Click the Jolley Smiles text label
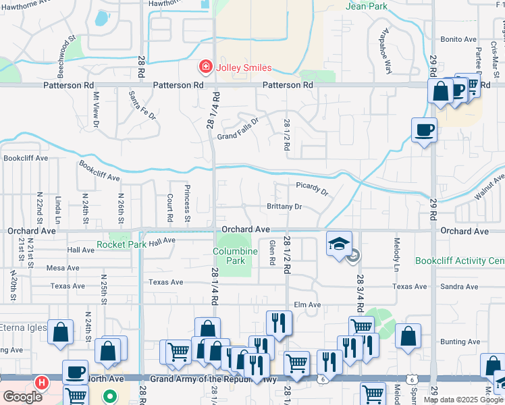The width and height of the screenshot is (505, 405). (x=244, y=67)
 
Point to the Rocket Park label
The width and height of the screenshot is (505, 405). (x=122, y=244)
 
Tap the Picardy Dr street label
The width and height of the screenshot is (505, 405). (x=312, y=188)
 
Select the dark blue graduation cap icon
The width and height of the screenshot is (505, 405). (x=339, y=243)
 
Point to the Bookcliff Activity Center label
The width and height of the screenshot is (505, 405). (x=459, y=261)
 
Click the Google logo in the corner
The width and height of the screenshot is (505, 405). (x=22, y=396)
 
